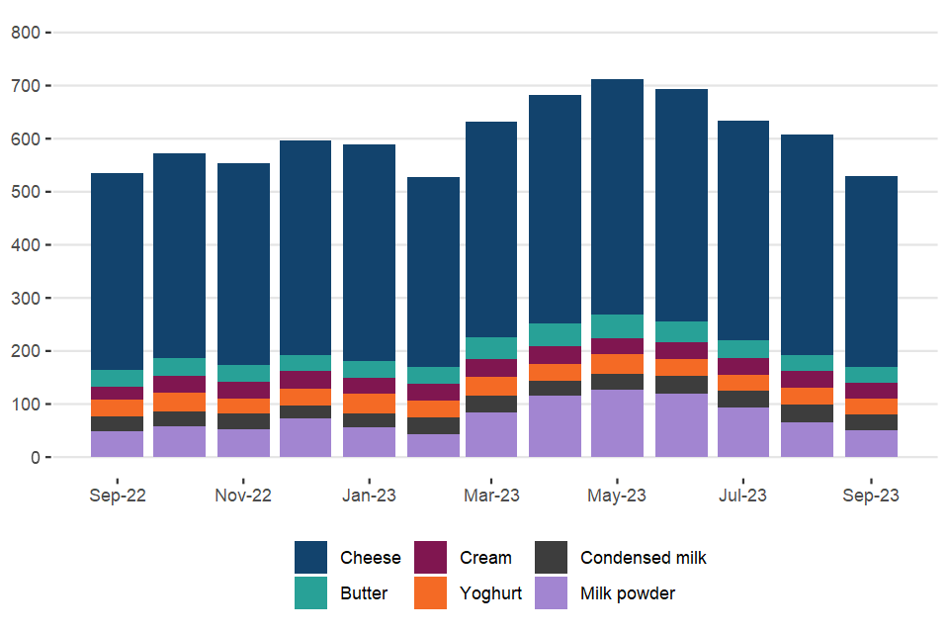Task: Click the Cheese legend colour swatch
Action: (x=310, y=558)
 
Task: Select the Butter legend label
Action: (x=364, y=594)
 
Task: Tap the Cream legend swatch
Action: (x=430, y=558)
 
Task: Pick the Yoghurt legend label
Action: (x=490, y=594)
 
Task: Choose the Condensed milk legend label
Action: (x=643, y=558)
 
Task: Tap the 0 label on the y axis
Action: (x=34, y=458)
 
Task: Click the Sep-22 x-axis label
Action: (x=117, y=496)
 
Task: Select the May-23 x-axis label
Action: (x=617, y=496)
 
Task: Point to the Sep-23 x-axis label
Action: (x=871, y=496)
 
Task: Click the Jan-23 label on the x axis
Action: (x=369, y=496)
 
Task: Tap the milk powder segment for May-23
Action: (x=617, y=423)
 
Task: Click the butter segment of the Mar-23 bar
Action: (x=491, y=348)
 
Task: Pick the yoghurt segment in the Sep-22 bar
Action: (x=117, y=407)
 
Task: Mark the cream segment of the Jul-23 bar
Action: (x=743, y=366)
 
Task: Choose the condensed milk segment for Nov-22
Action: (x=243, y=421)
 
